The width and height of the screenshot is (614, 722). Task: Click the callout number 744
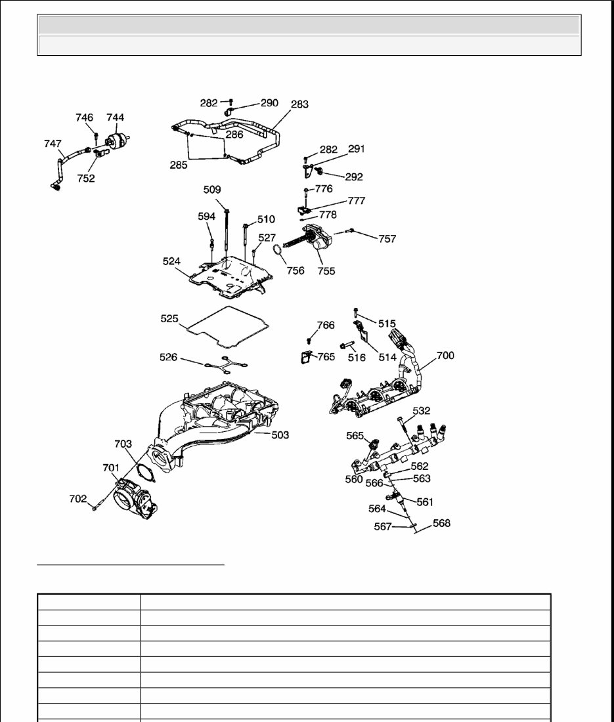tap(115, 117)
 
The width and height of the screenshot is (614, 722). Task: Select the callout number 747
tap(53, 144)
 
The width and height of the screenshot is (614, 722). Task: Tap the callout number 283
tap(299, 104)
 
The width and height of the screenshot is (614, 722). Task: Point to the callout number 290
tap(269, 103)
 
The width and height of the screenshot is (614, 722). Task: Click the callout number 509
tap(212, 190)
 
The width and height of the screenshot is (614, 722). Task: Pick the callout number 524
tap(172, 261)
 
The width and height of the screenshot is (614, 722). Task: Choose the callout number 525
tap(169, 318)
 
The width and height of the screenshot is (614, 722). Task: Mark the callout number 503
tap(280, 435)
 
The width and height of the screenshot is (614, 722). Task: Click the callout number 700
tap(445, 356)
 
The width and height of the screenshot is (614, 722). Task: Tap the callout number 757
tap(387, 239)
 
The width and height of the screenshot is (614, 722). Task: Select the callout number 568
tap(441, 523)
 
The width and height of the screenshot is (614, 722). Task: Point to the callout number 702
tap(78, 499)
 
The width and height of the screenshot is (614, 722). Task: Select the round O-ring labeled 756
tap(278, 253)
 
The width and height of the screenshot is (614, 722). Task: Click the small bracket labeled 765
tap(305, 358)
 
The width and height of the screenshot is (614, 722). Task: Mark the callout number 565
tap(355, 435)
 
